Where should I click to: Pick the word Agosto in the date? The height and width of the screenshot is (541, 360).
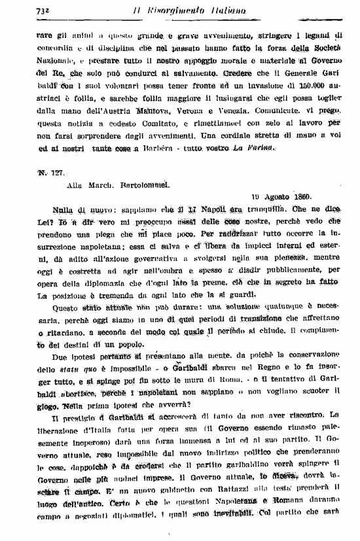[268, 196]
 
